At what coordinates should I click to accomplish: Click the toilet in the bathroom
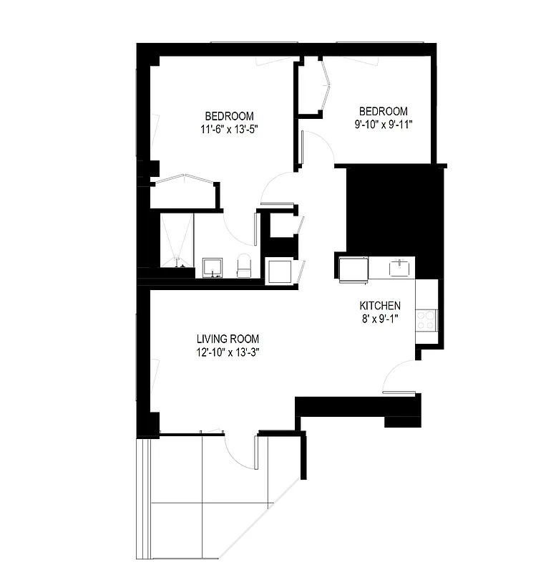(x=244, y=266)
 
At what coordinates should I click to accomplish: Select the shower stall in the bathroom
(x=176, y=241)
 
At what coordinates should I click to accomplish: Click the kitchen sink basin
(x=399, y=268)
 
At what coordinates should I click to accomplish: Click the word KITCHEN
(x=380, y=306)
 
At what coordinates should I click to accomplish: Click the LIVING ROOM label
(x=228, y=339)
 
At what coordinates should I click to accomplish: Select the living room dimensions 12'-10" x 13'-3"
(x=228, y=352)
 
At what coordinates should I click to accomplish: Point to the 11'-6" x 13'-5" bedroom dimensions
(x=229, y=130)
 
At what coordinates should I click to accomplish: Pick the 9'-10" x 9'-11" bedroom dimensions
(x=383, y=124)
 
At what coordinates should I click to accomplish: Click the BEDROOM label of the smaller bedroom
(x=383, y=111)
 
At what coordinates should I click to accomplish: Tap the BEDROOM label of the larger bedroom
(x=229, y=117)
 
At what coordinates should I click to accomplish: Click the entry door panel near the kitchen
(x=399, y=393)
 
